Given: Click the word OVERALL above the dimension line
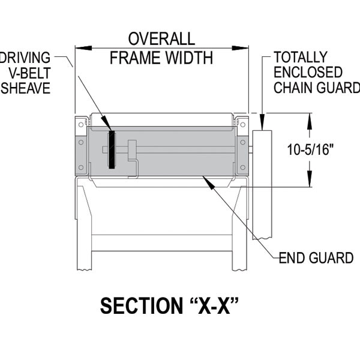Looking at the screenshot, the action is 161,39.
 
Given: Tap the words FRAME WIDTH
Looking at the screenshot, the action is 161,58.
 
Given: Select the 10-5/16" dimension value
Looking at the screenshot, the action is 310,150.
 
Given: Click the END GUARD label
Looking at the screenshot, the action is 316,258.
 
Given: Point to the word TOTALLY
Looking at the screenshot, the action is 301,57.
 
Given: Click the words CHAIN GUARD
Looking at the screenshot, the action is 317,88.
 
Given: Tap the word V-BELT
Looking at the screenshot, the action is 29,73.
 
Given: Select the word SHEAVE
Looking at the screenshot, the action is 26,88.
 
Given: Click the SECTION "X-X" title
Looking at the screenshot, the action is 169,306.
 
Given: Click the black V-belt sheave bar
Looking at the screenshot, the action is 112,149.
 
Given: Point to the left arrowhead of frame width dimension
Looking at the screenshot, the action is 83,48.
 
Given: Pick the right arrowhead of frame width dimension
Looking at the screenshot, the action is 240,48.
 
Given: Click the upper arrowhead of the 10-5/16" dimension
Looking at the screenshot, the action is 310,121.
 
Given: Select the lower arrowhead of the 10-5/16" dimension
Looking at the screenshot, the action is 310,179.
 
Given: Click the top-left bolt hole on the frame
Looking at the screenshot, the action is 81,125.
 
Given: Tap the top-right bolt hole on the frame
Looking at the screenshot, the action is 242,125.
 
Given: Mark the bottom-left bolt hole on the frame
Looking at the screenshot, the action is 81,167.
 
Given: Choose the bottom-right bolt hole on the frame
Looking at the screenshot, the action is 242,167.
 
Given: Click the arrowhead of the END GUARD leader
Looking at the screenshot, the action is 208,182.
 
